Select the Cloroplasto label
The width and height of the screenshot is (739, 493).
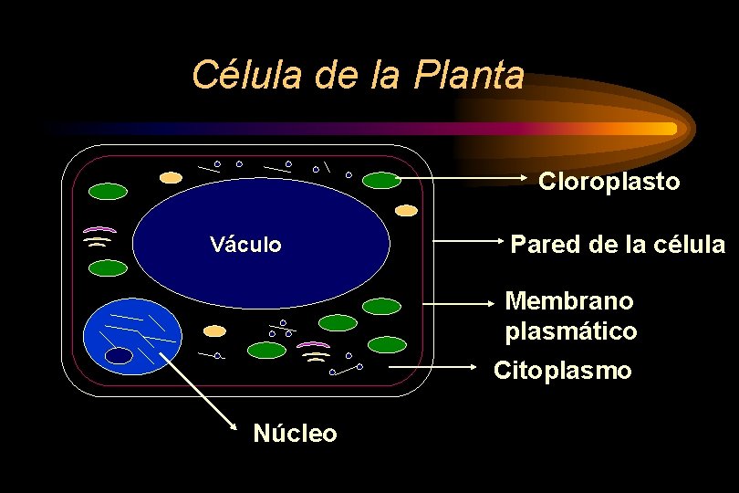pos(609,182)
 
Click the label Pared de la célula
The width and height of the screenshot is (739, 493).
pos(618,245)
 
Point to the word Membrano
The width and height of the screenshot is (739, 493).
pos(569,300)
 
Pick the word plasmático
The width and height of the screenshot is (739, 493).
pos(571,331)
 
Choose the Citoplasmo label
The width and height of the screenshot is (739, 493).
pos(562,371)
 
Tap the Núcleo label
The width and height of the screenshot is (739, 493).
pos(295,434)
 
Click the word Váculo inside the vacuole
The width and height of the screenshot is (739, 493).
pos(245,245)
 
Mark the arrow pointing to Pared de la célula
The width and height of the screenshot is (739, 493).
pos(465,242)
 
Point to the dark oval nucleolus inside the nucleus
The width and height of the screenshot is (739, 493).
pos(119,356)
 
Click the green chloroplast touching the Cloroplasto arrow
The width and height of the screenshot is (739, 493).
pos(381,180)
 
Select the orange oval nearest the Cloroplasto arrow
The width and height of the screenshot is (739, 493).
pos(407,210)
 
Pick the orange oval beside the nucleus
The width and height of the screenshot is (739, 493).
pos(214,330)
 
